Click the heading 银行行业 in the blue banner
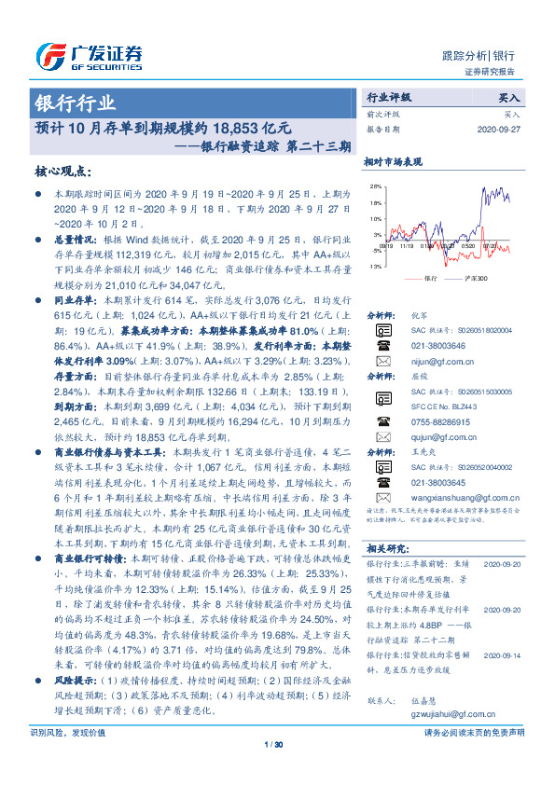click(76, 103)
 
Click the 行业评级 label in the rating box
click(389, 97)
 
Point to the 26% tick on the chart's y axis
click(376, 187)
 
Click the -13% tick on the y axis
click(375, 267)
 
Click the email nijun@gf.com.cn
click(438, 359)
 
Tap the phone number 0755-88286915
click(442, 421)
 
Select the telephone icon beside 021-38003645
click(383, 483)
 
